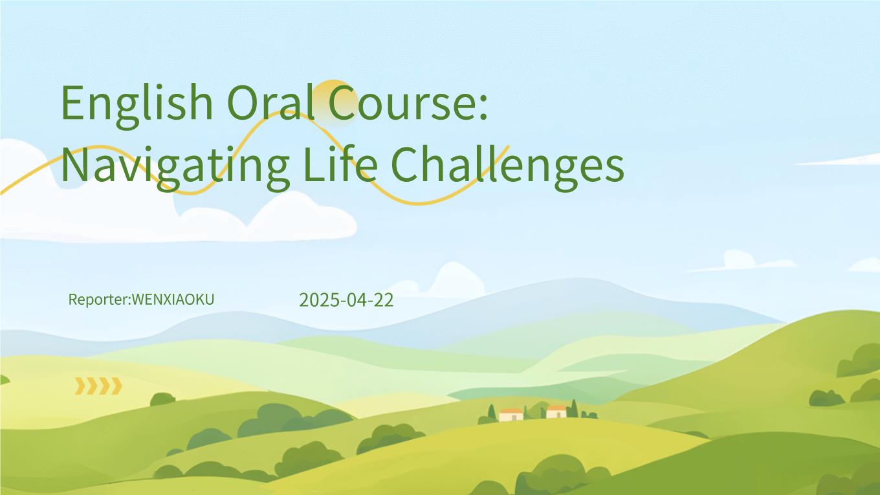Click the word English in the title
pos(137,105)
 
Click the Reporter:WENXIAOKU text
pos(142,300)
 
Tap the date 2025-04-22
pos(346,300)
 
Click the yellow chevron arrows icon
pos(98,386)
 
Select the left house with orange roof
pos(511,415)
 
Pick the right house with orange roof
pos(556,412)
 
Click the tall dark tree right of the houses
pos(574,408)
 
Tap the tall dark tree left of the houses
pos(492,413)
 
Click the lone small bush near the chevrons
pos(162,399)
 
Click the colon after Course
pos(483,107)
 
